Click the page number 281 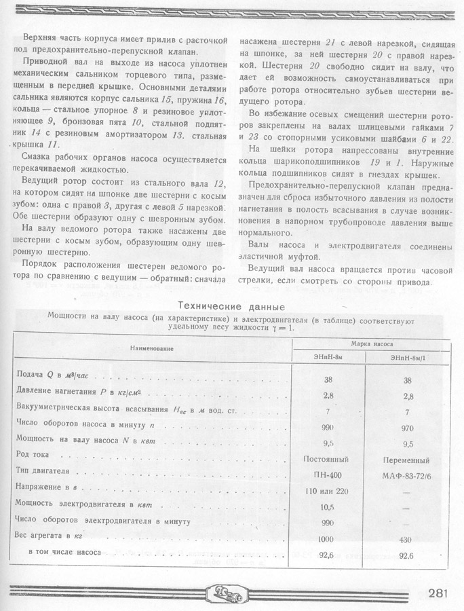click(x=438, y=593)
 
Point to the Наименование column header click(x=152, y=348)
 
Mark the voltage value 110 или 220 click(x=328, y=490)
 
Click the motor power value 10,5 click(x=328, y=506)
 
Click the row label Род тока click(x=34, y=453)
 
